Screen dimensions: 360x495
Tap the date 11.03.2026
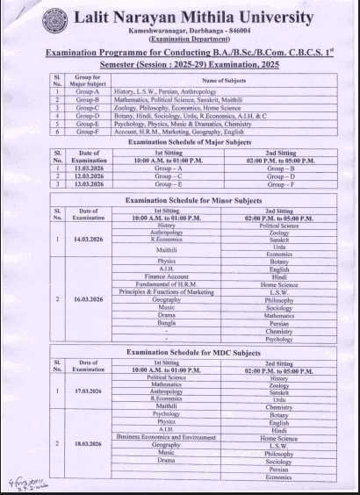coord(89,165)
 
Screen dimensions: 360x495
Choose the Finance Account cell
coord(161,276)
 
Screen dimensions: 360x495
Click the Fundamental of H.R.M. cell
coord(161,283)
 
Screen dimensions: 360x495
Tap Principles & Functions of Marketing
coord(161,291)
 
